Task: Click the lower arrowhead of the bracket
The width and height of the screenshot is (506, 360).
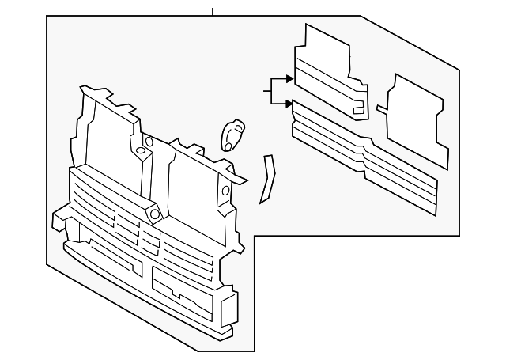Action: [x=289, y=104]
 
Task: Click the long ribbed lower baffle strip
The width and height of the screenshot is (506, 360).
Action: [x=364, y=162]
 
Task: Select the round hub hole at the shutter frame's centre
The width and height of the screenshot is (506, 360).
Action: [x=153, y=213]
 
